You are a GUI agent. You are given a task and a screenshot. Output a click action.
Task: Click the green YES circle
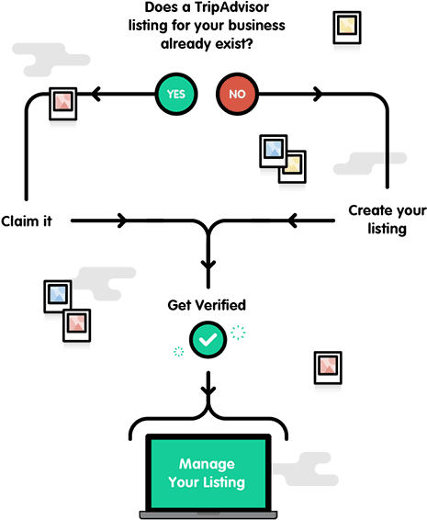[176, 95]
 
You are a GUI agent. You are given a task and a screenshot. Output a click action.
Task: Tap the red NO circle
[237, 95]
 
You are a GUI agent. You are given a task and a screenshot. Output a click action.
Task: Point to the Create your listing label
[387, 220]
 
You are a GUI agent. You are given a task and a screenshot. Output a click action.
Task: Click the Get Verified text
[207, 304]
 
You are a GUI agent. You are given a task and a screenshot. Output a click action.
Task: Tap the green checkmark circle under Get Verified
[208, 340]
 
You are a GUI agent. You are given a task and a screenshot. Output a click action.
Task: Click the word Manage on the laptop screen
[208, 464]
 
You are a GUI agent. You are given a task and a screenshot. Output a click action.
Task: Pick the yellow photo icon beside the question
[345, 26]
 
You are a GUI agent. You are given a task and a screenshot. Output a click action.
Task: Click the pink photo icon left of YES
[62, 100]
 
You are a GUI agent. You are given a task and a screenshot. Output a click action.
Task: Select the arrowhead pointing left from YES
[96, 94]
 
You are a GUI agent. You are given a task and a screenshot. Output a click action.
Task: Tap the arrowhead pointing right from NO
[319, 94]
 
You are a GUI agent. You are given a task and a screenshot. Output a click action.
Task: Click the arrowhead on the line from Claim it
[123, 220]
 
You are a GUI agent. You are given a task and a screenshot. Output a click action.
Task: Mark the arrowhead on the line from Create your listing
[294, 220]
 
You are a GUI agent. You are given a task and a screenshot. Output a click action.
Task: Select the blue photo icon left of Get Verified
[58, 294]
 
